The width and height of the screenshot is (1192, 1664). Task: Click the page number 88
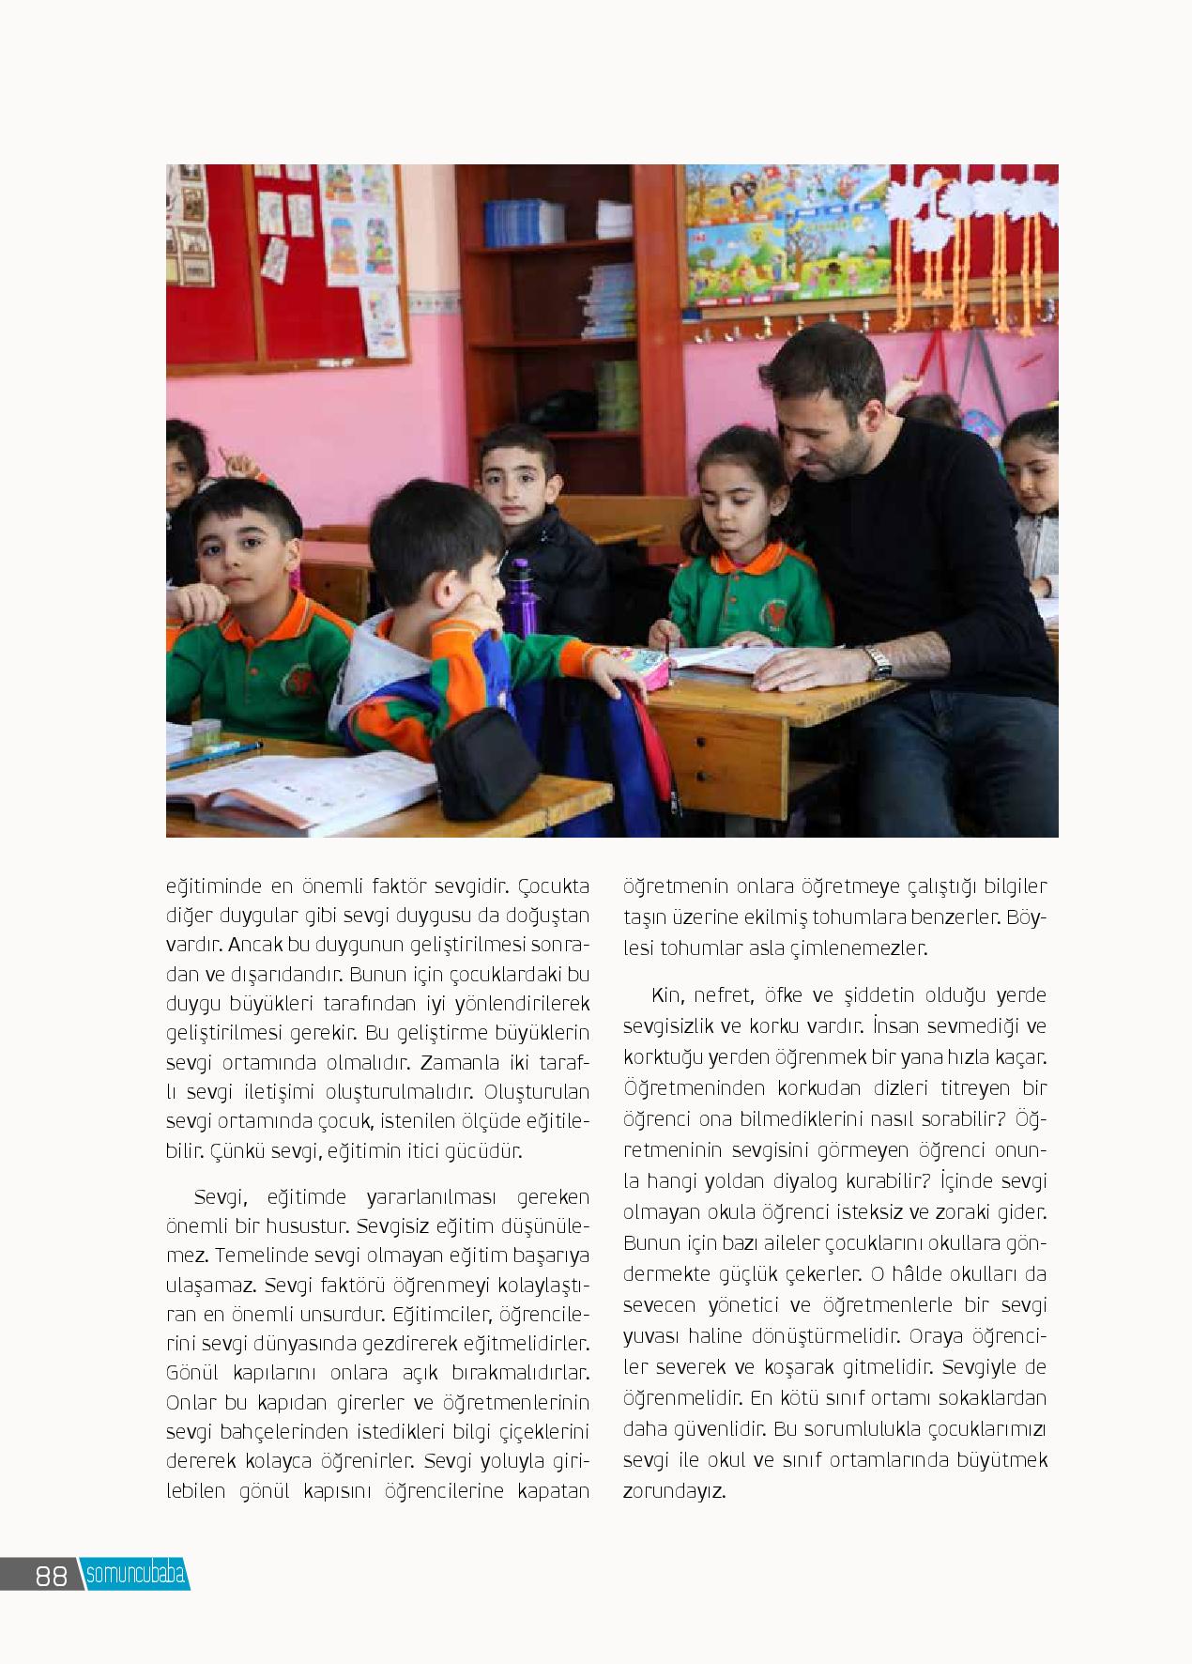[52, 1576]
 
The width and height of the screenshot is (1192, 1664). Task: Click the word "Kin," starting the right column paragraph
[667, 994]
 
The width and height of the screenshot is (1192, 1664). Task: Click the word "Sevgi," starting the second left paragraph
[219, 1197]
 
